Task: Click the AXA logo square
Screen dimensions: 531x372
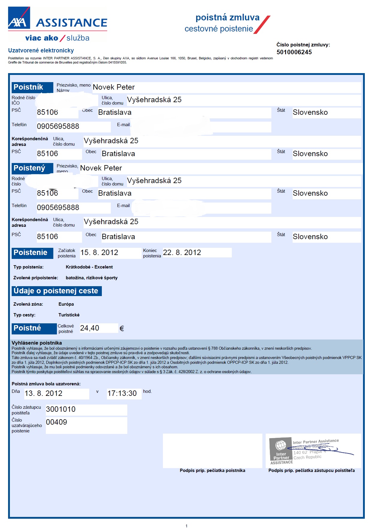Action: point(19,18)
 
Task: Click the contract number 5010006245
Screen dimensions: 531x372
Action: point(294,52)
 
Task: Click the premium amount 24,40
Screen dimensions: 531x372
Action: point(90,328)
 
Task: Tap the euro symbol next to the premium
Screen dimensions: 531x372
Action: point(122,329)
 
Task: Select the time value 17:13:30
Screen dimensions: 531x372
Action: point(122,393)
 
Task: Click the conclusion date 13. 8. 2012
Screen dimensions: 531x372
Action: point(43,393)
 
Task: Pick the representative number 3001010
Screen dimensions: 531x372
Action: point(61,409)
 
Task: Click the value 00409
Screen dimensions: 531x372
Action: point(56,422)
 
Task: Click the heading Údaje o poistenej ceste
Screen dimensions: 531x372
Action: point(56,291)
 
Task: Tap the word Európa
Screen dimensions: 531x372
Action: point(66,304)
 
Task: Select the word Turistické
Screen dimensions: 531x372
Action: point(69,315)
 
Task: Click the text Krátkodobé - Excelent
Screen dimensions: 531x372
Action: point(89,267)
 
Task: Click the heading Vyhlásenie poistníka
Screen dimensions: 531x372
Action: point(37,343)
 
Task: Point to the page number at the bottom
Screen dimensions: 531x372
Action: point(186,526)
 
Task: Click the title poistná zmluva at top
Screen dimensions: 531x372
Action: point(227,17)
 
